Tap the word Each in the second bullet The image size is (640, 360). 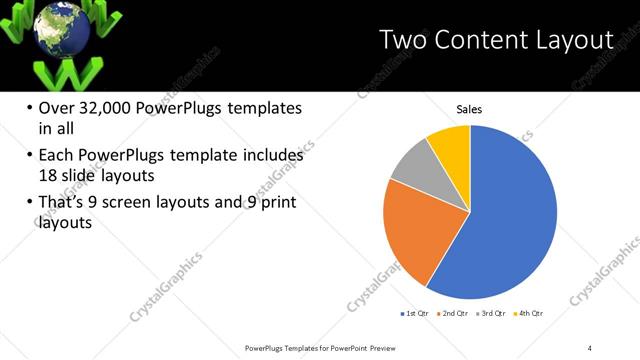pyautogui.click(x=57, y=156)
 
